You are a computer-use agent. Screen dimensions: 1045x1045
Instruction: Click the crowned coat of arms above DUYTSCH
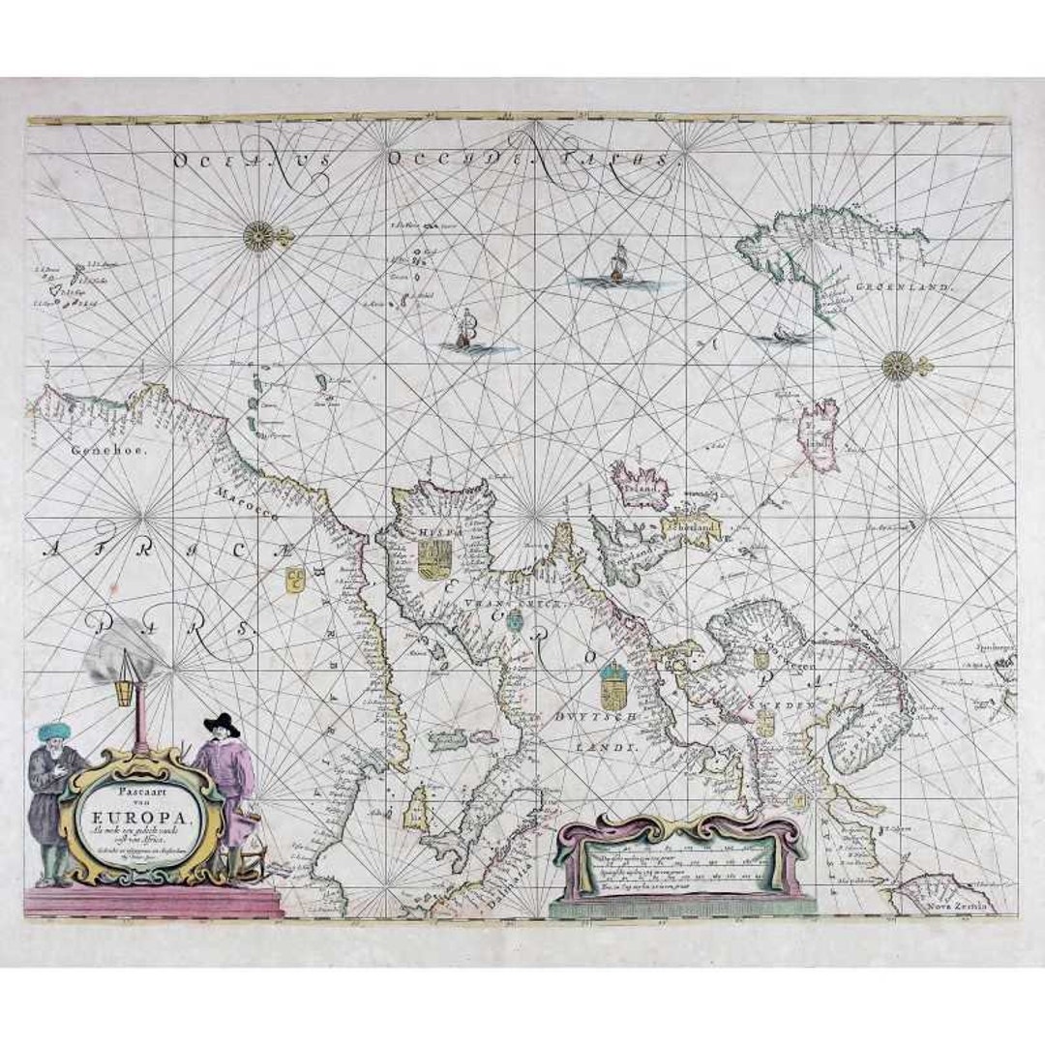pyautogui.click(x=612, y=687)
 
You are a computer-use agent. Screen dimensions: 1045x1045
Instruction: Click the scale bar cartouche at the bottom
pyautogui.click(x=682, y=866)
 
